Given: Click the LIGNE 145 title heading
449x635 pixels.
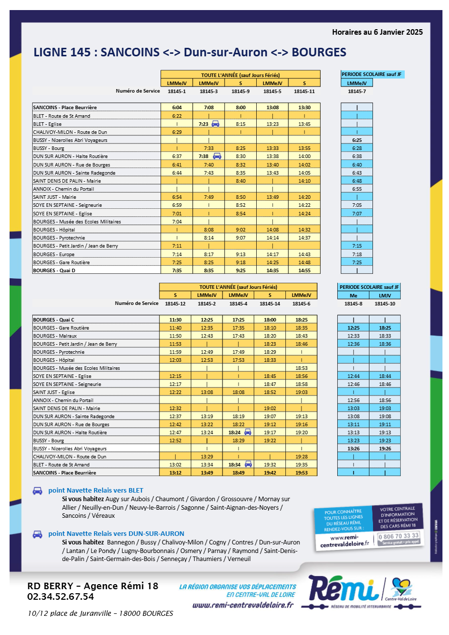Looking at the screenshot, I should [x=190, y=52].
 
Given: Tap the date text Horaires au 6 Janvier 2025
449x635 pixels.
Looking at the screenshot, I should [x=377, y=32].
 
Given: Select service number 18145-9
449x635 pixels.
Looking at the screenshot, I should [x=241, y=91].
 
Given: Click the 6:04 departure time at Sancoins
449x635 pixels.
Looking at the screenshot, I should [x=177, y=107].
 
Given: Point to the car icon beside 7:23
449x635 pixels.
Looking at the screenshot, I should [x=215, y=124].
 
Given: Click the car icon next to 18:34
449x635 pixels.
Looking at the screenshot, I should [x=248, y=464].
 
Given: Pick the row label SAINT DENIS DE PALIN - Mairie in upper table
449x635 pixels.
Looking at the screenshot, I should [x=67, y=181].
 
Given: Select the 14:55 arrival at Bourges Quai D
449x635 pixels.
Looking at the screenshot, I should [x=304, y=270].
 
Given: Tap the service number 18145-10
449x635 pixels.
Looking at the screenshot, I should [x=385, y=304].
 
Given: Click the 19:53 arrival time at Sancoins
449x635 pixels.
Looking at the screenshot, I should [x=302, y=473].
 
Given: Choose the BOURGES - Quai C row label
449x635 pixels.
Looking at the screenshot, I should [x=54, y=320].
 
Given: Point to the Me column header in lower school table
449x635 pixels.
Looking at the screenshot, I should [x=353, y=295].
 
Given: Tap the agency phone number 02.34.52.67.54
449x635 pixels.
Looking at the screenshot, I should [x=60, y=597].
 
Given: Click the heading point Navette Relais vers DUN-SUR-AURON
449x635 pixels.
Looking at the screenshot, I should [x=116, y=533].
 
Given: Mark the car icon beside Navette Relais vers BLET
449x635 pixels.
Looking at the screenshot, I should [x=37, y=491].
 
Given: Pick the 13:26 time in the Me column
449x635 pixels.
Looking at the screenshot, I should [x=353, y=448].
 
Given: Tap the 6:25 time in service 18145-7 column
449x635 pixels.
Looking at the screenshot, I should [x=357, y=140].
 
